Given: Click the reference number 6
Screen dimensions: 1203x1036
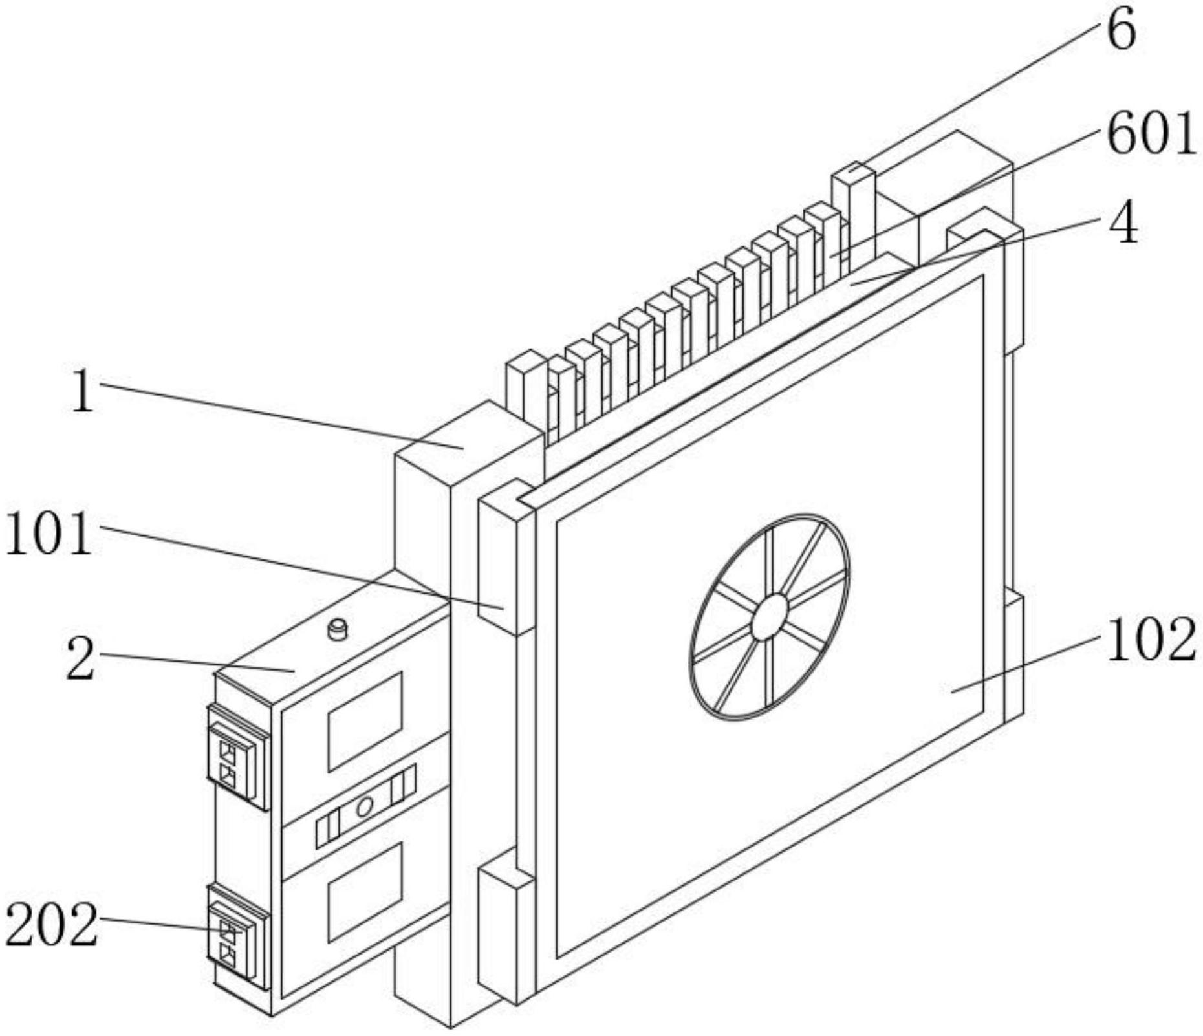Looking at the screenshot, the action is coord(1121,30).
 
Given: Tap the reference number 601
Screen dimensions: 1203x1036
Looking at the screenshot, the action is coord(1151,134).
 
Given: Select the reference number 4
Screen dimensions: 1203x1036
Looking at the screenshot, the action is coord(1123,222).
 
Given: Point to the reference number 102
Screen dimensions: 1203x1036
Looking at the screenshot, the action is coord(1151,640).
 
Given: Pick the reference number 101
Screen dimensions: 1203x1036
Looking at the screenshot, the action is coord(48,534).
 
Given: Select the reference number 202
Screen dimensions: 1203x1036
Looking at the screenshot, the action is coord(52,925).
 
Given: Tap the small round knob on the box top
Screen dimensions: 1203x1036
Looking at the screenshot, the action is coord(338,629).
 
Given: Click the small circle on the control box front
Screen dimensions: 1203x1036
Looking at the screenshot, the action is coord(365,806).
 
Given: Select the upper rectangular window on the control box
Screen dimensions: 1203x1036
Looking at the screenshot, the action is coord(365,720).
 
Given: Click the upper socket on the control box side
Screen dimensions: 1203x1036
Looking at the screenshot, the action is coord(237,757).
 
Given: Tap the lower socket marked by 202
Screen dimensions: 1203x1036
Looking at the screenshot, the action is coord(237,937).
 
